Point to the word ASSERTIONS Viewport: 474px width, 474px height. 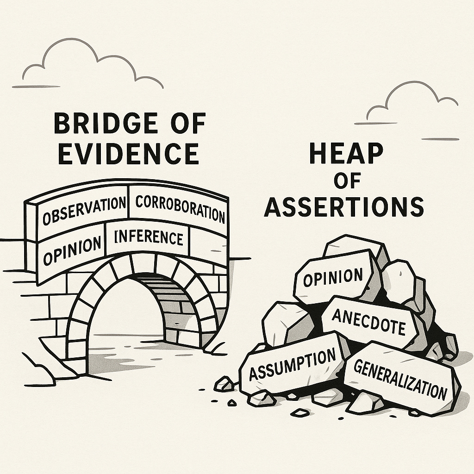344,206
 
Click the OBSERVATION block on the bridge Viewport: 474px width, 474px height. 84,210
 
